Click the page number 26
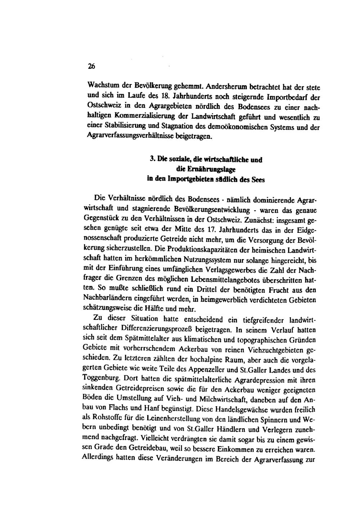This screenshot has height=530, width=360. tap(91, 66)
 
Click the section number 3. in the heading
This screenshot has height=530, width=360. tap(152, 160)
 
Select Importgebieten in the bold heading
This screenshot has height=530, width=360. tap(182, 179)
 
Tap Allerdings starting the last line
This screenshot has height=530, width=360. tap(98, 459)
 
